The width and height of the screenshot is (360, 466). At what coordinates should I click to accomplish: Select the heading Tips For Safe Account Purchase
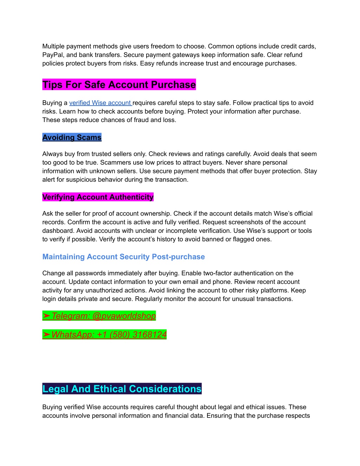(119, 85)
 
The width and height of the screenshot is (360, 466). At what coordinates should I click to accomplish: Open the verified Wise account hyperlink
(100, 103)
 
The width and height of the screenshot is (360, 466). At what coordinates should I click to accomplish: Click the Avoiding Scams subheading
(72, 138)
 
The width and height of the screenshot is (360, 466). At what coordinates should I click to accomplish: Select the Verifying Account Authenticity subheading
(98, 197)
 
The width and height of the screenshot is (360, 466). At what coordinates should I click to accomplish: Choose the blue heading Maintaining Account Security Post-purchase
(123, 257)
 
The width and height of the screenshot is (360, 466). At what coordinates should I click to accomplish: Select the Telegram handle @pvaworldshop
(124, 316)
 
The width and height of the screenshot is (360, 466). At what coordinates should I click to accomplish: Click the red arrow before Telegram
(46, 316)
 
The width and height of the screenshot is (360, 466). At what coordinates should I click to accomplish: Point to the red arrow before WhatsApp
(46, 334)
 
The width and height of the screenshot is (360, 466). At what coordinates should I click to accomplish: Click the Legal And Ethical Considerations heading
(122, 389)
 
